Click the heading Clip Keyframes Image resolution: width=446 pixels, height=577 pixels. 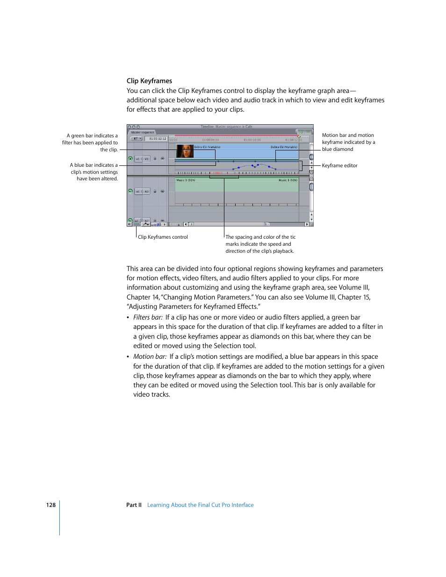(149, 81)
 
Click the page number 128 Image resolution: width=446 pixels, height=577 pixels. (50, 505)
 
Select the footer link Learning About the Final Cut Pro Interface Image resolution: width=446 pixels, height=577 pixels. (200, 505)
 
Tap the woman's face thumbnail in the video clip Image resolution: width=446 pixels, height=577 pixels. (185, 151)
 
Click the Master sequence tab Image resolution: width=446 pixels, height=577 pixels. (143, 132)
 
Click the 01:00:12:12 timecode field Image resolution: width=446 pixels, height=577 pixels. (158, 139)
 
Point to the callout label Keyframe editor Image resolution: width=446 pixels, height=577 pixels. (339, 166)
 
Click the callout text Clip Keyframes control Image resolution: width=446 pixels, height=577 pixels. (163, 237)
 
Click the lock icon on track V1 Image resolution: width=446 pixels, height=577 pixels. (155, 159)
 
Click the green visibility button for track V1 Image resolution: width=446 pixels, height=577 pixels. (130, 159)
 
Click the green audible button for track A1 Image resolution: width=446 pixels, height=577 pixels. (130, 191)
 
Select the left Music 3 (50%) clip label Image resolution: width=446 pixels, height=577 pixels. (186, 180)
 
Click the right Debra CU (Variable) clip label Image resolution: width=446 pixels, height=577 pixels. (284, 147)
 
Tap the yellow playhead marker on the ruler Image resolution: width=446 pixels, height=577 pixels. (299, 137)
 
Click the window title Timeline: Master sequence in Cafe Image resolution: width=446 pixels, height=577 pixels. (226, 127)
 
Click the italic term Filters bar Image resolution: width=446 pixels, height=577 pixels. (148, 318)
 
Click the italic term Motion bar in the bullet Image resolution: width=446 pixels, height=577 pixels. (150, 357)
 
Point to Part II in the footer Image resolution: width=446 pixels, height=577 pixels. (134, 505)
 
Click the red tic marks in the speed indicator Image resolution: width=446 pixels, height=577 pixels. (218, 173)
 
